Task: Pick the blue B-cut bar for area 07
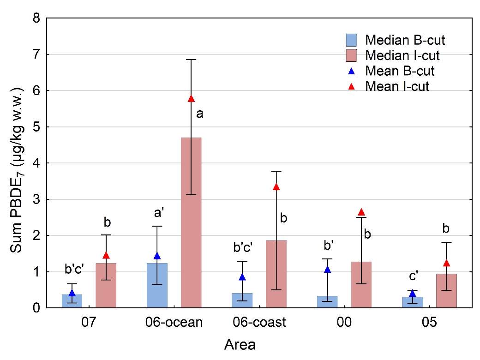point(72,300)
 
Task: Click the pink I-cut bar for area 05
point(446,290)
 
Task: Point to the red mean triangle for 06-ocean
point(192,99)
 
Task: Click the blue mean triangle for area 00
point(328,270)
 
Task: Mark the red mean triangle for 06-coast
point(276,187)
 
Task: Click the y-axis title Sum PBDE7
point(17,163)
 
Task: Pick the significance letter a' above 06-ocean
point(157,213)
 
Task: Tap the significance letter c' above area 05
point(412,276)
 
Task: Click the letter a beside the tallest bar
point(199,114)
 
